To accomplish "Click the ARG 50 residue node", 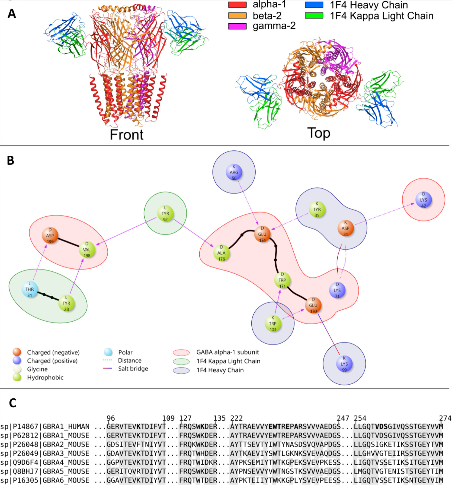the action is pyautogui.click(x=234, y=172).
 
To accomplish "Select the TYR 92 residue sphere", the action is pyautogui.click(x=165, y=214).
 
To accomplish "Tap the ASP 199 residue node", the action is pyautogui.click(x=50, y=236).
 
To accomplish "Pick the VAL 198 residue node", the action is pyautogui.click(x=87, y=250).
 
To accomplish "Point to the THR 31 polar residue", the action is pyautogui.click(x=30, y=289).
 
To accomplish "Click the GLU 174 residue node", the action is pyautogui.click(x=262, y=234).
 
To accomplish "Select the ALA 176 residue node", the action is pyautogui.click(x=221, y=253).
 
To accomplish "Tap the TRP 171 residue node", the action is pyautogui.click(x=282, y=280).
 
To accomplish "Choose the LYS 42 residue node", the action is pyautogui.click(x=424, y=200).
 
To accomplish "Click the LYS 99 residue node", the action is pyautogui.click(x=344, y=364).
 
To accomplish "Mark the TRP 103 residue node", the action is pyautogui.click(x=273, y=324).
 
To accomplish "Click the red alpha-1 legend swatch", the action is pyautogui.click(x=237, y=5).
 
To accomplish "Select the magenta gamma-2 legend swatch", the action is pyautogui.click(x=237, y=26).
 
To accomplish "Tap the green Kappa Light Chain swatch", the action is pyautogui.click(x=314, y=16).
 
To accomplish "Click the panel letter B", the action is pyautogui.click(x=11, y=160).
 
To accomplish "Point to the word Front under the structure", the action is pyautogui.click(x=127, y=135).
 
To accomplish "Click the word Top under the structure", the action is pyautogui.click(x=319, y=133).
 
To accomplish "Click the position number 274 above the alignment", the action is pyautogui.click(x=445, y=418).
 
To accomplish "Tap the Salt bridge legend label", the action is pyautogui.click(x=133, y=369).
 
